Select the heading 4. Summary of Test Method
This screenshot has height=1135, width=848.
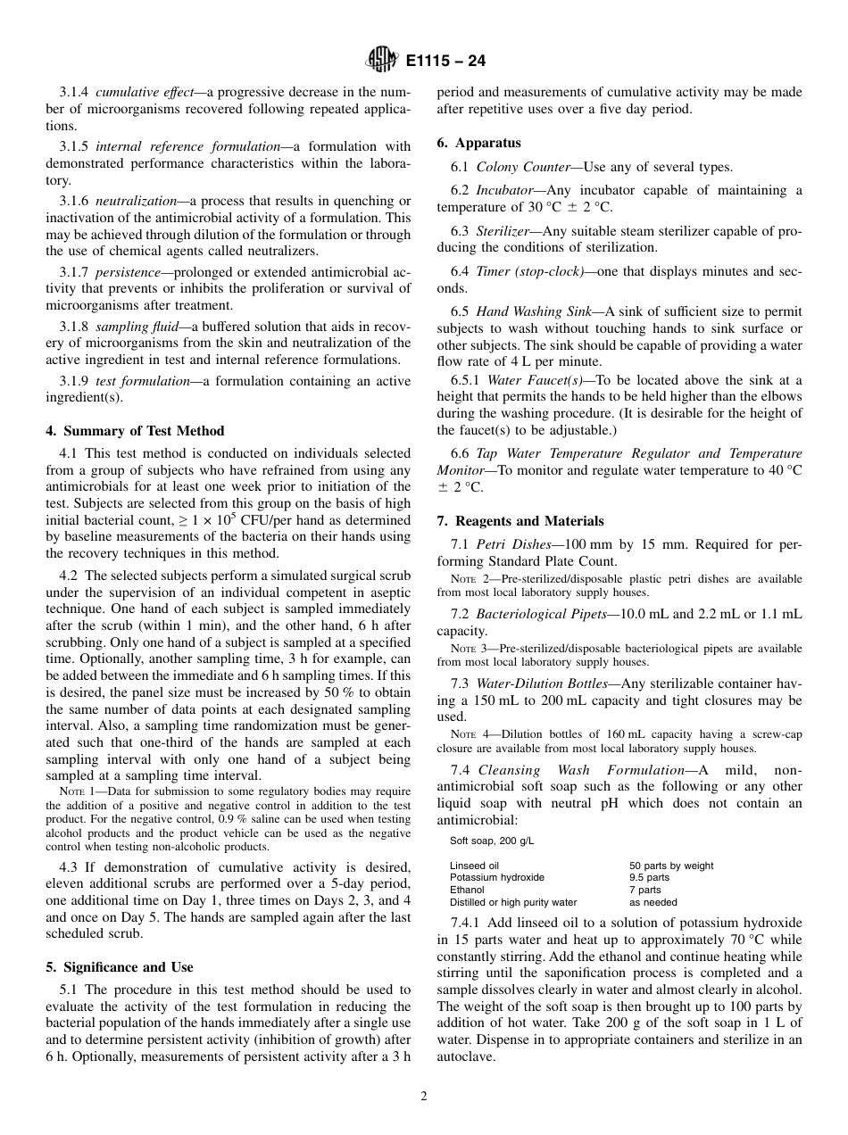point(135,431)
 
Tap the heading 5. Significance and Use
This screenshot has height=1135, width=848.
point(119,967)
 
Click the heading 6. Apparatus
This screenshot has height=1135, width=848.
point(478,143)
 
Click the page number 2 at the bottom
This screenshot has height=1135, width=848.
point(424,1097)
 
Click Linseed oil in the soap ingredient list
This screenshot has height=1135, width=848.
point(474,866)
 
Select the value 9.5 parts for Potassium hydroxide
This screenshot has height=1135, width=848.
point(649,877)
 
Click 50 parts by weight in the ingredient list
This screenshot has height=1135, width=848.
point(670,866)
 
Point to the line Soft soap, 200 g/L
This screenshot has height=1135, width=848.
point(491,841)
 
